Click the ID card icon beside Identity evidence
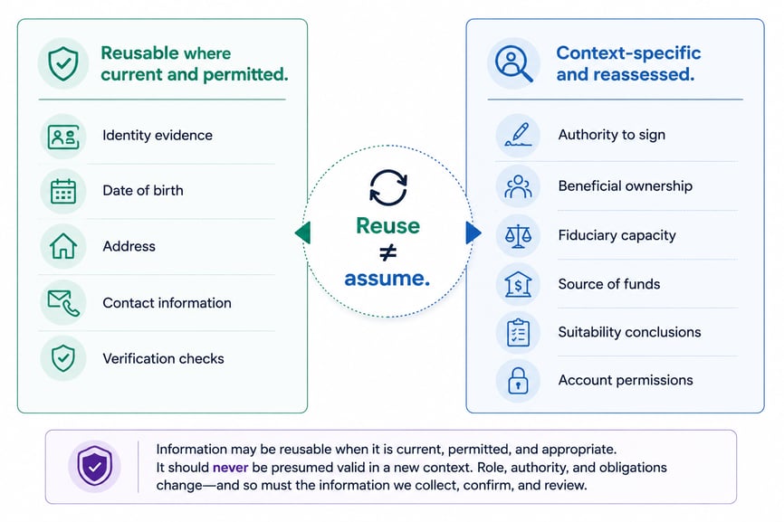click(x=63, y=137)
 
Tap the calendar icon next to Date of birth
click(x=63, y=191)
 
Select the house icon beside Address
click(x=63, y=246)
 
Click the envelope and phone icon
click(x=63, y=303)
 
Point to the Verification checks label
click(x=163, y=358)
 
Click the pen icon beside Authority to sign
click(x=518, y=135)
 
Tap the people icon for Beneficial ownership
click(x=518, y=186)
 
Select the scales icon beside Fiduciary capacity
click(x=518, y=236)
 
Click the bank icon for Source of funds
click(x=518, y=284)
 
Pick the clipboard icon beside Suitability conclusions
click(x=518, y=333)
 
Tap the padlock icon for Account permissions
click(x=518, y=381)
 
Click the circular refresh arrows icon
click(x=388, y=188)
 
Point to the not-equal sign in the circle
click(x=388, y=252)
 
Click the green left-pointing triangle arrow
click(x=302, y=233)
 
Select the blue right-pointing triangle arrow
click(x=473, y=233)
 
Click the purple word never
click(x=231, y=468)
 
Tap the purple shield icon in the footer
click(x=94, y=466)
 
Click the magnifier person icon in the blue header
click(x=513, y=63)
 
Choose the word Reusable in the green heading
click(x=139, y=53)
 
